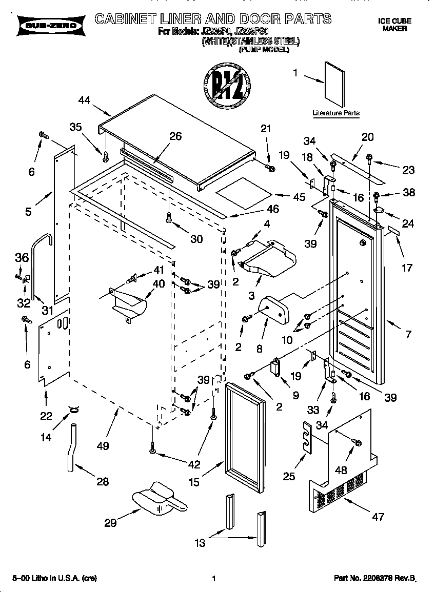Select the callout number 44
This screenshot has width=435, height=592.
click(85, 101)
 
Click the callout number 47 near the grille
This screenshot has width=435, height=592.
click(378, 517)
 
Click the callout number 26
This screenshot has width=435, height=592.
click(175, 136)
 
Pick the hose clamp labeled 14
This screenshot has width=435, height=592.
click(74, 409)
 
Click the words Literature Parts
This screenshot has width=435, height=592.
click(336, 113)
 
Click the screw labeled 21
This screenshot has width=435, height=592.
click(271, 168)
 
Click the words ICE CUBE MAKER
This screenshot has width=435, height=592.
click(394, 25)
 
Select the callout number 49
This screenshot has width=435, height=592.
click(103, 445)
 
